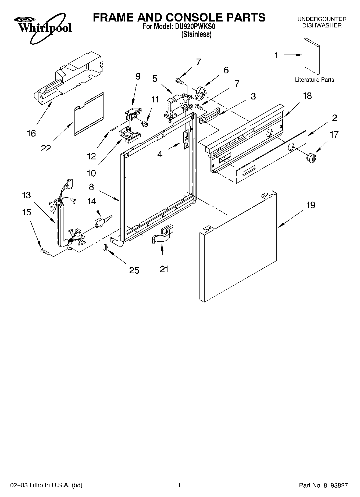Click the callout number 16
point(31,133)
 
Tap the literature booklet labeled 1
point(312,56)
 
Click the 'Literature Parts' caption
point(314,80)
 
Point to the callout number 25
point(134,270)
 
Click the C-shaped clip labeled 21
point(163,235)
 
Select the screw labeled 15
point(44,251)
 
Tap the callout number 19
point(311,205)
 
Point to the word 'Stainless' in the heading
point(197,34)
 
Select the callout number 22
point(46,148)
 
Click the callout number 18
point(307,96)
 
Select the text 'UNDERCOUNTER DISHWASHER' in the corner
point(322,22)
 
